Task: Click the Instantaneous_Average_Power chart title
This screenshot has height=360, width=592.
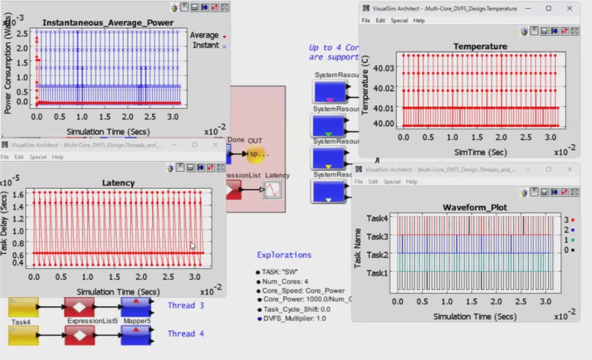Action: coord(108,23)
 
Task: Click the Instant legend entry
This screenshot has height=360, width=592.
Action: coord(206,45)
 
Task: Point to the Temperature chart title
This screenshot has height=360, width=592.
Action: coord(480,46)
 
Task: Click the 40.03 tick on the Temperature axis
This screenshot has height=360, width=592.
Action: coord(384,69)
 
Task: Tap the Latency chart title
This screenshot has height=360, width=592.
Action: coord(118,183)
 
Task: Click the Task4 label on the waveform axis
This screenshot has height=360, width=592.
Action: coord(378,218)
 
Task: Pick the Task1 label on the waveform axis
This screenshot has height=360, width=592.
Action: coord(378,273)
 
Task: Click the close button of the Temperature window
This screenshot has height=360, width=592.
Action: coord(570,8)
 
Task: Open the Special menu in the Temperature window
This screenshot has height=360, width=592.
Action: coord(399,20)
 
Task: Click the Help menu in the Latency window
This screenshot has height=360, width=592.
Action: coord(58,157)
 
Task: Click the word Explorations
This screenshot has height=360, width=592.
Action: coord(284,255)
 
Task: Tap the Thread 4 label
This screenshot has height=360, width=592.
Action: coord(186,333)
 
